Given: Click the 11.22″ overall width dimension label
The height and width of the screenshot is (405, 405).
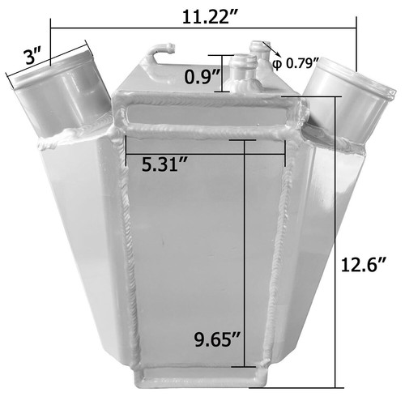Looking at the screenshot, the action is pos(210,17).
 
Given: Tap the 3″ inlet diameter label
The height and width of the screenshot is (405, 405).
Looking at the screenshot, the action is pos(34,57).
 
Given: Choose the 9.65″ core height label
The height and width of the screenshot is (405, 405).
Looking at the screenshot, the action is pos(218,339).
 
